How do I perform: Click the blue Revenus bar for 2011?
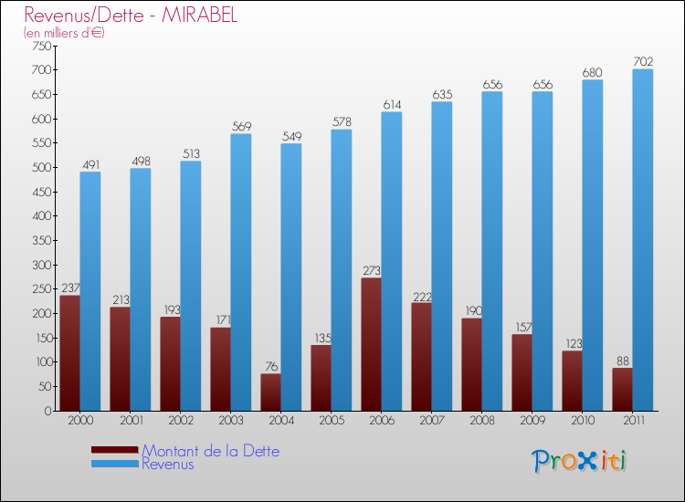tap(643, 240)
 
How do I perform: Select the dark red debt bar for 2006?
tap(372, 344)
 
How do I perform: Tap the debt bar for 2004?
tap(271, 392)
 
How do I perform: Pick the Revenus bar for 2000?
tap(90, 291)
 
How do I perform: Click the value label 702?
tap(643, 62)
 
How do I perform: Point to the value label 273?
tap(372, 271)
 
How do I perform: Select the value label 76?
tap(271, 367)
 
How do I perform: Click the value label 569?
tap(241, 127)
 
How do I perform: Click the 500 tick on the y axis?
tap(41, 168)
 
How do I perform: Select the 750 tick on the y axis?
tap(41, 46)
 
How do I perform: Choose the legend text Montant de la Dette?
tap(210, 451)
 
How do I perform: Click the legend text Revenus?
tap(168, 464)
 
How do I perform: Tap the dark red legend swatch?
tap(115, 450)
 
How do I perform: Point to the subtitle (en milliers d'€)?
tap(65, 33)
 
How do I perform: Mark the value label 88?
tap(623, 361)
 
